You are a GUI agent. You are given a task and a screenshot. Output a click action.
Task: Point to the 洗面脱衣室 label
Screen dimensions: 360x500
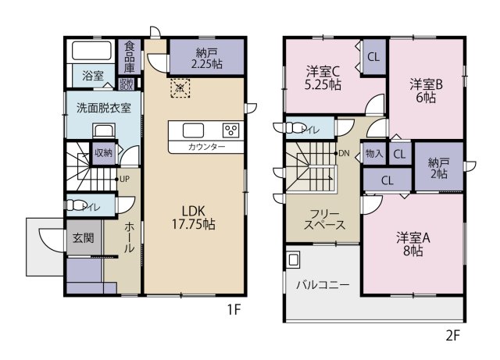(x=97, y=105)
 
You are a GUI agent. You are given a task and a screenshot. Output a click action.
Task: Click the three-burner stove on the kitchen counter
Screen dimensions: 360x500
(x=232, y=130)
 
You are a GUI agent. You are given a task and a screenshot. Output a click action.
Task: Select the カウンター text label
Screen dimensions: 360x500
(x=206, y=147)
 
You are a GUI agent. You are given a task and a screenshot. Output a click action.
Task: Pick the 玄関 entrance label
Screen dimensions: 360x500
(x=84, y=237)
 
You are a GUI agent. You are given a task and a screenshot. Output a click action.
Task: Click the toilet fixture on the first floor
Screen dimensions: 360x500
(x=79, y=207)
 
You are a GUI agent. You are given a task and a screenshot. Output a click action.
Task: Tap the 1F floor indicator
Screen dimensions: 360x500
(x=233, y=310)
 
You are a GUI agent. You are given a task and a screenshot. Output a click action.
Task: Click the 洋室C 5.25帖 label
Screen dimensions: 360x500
(x=322, y=79)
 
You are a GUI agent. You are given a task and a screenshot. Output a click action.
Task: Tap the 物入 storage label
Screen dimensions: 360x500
(x=373, y=154)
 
